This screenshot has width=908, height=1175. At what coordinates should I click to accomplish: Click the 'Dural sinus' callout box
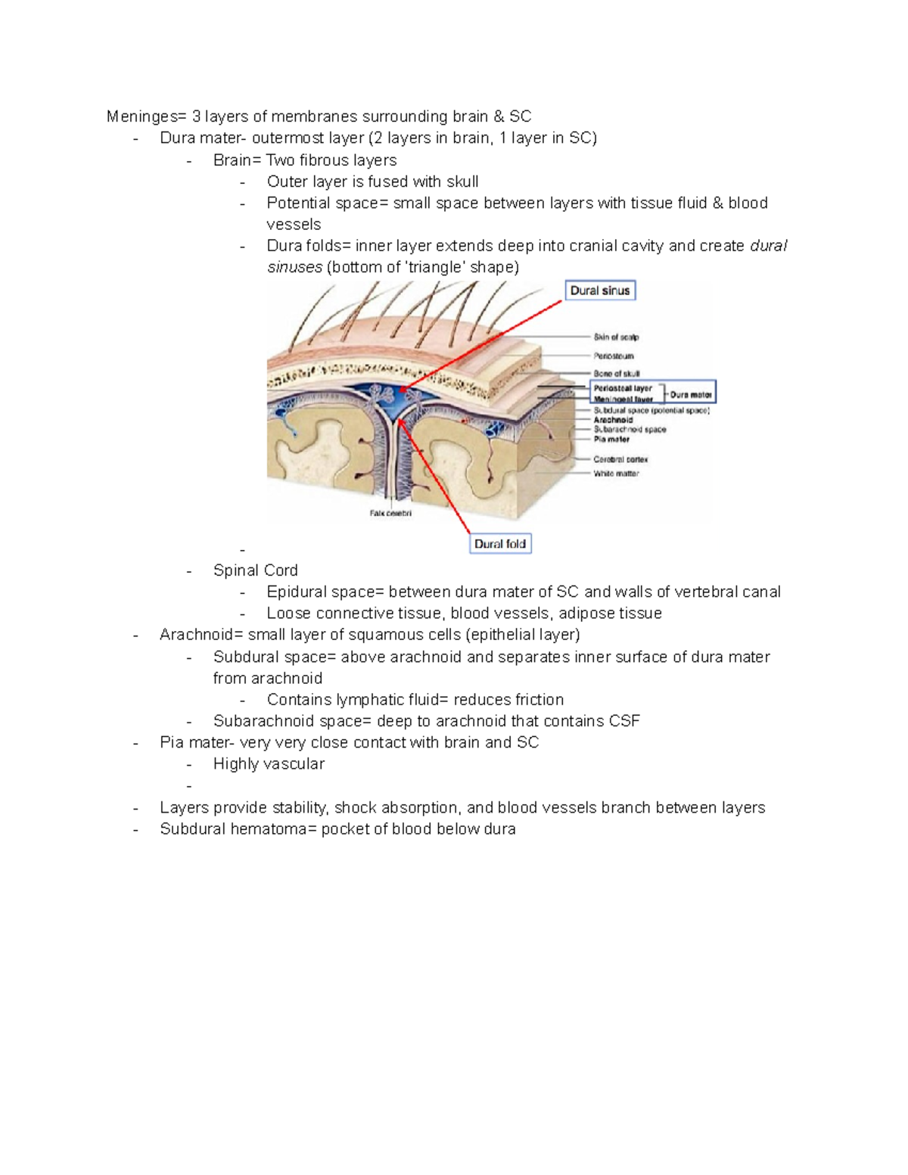click(x=600, y=291)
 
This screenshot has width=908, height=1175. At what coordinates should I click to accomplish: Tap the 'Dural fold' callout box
click(x=500, y=543)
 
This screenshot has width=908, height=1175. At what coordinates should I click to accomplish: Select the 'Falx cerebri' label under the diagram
click(x=390, y=513)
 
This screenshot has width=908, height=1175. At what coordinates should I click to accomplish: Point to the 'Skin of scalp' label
click(x=616, y=337)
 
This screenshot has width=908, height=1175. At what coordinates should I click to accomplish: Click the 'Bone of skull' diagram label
click(x=616, y=374)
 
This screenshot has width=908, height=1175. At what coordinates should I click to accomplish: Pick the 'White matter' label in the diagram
click(x=616, y=474)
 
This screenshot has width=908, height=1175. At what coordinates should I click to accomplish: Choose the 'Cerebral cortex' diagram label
click(x=620, y=459)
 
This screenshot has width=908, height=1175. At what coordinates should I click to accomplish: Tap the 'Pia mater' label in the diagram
click(x=611, y=439)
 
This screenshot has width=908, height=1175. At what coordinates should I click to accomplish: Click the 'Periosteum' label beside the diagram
click(x=614, y=356)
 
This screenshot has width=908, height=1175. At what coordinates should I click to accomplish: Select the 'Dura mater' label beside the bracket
click(x=690, y=394)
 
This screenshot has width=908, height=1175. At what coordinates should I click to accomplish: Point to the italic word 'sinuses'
click(x=294, y=267)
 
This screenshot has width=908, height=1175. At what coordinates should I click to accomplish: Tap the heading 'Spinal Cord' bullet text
click(x=255, y=570)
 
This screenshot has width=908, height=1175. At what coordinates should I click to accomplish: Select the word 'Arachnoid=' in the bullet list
click(x=201, y=635)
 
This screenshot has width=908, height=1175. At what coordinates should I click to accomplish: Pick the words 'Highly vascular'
click(x=269, y=764)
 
